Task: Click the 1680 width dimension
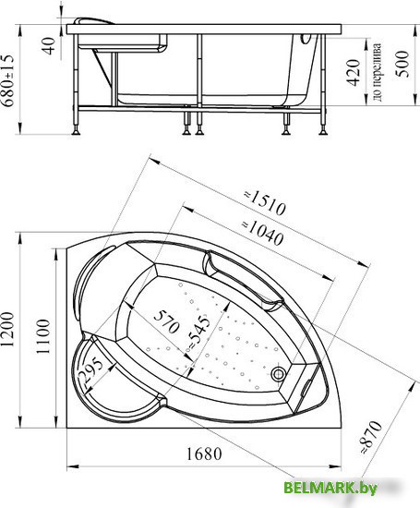coord(204,454)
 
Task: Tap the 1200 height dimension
coord(7,330)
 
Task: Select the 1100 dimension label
coord(43,336)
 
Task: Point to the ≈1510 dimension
coord(265,203)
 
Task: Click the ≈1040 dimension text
coord(263,233)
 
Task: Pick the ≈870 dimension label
coord(371,437)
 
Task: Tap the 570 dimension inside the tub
coord(166,321)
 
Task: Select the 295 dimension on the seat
coord(90,371)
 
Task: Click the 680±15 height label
coord(7,80)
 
